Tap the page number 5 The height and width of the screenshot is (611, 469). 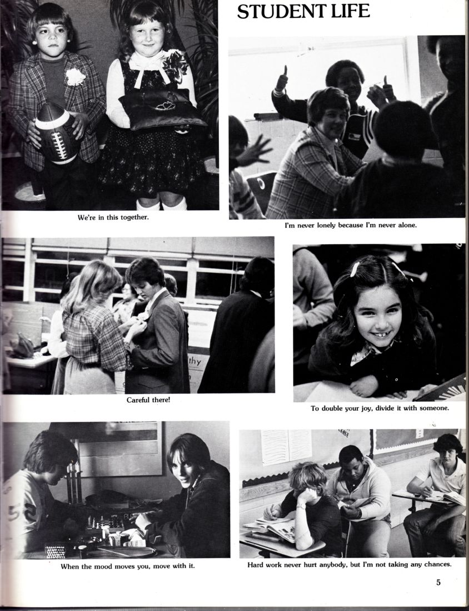pos(438,583)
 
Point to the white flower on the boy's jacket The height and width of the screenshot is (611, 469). pos(74,76)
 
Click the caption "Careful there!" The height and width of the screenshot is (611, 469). pos(148,400)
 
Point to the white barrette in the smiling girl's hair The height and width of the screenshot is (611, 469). pos(354,269)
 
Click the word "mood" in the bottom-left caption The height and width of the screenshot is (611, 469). pos(104,566)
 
